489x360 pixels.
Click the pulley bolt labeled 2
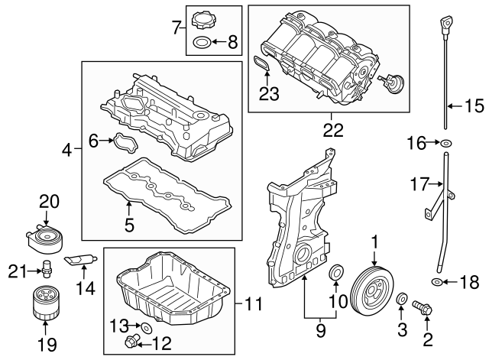pos(423,309)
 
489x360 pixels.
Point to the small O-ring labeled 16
pos(447,142)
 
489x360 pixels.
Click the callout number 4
pos(67,151)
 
